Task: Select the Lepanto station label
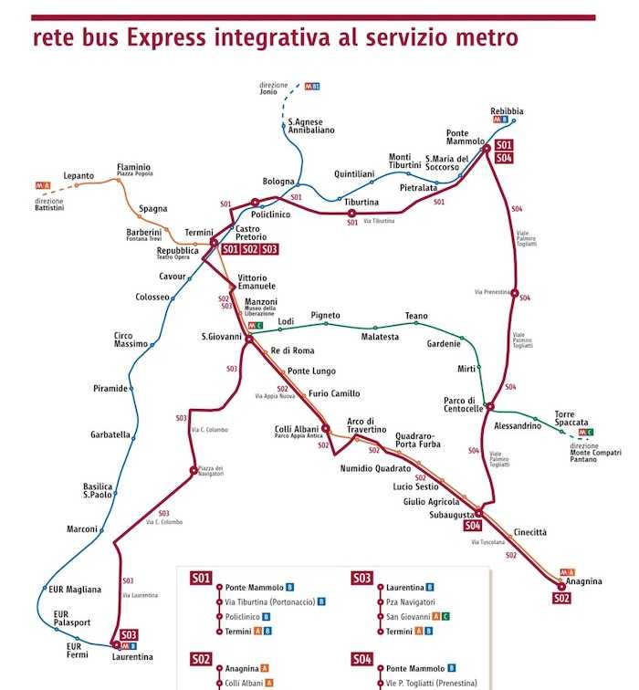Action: pos(79,176)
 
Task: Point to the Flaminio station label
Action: pos(133,168)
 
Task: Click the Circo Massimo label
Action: pos(129,340)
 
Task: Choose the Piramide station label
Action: pos(110,388)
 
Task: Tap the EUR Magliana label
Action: pos(77,590)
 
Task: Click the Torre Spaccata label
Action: pos(571,418)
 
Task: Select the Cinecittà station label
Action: pos(530,531)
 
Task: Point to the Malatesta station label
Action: pos(380,337)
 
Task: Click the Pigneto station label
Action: pos(325,315)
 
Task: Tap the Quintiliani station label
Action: pos(354,173)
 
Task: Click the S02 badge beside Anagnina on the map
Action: pos(561,598)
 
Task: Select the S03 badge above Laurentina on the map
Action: pos(129,634)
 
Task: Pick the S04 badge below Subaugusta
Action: pos(472,526)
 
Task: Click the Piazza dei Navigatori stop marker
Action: pos(193,471)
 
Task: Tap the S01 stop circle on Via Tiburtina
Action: pos(352,214)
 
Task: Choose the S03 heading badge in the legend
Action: pos(362,578)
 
